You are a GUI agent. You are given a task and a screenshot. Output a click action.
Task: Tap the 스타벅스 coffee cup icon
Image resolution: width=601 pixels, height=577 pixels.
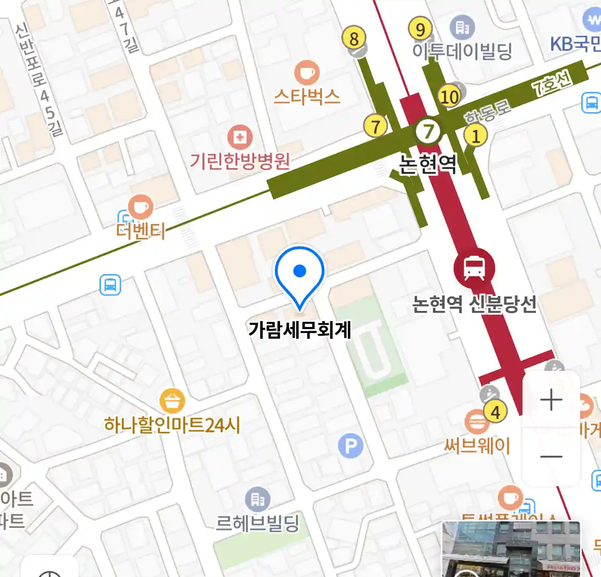(x=307, y=73)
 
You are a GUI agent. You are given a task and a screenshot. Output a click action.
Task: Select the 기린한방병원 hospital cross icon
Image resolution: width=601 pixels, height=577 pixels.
(x=240, y=138)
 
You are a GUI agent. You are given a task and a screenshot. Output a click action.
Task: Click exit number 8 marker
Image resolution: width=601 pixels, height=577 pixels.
(x=354, y=38)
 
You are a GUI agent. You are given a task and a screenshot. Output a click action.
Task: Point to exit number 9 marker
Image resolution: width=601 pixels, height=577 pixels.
(x=420, y=29)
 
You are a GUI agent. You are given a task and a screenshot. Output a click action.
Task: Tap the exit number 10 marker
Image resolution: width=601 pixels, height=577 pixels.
(x=449, y=96)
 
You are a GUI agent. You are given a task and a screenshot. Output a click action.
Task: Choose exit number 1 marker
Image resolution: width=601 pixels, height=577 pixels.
(x=475, y=136)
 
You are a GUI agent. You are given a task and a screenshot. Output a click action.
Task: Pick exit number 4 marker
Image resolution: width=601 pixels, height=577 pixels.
(x=495, y=412)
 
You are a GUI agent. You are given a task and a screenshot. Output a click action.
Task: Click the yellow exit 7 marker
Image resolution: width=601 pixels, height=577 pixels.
(x=376, y=127)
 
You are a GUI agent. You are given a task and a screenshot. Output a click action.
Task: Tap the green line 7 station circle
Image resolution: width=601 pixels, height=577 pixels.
(x=428, y=130)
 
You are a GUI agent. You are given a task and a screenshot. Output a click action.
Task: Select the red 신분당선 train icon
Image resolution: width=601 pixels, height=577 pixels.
(x=474, y=268)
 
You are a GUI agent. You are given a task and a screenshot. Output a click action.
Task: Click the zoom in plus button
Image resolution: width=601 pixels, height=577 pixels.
(x=551, y=400)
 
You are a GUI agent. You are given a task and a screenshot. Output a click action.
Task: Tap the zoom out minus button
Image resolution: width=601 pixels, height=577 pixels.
(x=551, y=457)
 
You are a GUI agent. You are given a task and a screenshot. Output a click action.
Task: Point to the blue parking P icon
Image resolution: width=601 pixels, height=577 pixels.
(x=350, y=446)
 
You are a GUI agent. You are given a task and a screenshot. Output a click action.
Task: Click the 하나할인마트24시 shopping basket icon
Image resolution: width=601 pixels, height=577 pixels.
(x=172, y=401)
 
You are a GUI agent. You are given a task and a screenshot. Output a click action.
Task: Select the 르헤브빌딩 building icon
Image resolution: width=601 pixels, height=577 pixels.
(x=257, y=500)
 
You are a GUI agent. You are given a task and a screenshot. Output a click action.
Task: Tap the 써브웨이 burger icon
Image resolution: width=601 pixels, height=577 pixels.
(x=476, y=422)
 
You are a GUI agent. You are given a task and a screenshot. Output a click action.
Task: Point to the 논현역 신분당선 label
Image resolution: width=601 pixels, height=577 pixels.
(x=474, y=305)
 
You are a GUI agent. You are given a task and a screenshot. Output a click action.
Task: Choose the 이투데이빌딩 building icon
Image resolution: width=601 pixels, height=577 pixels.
(x=462, y=27)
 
